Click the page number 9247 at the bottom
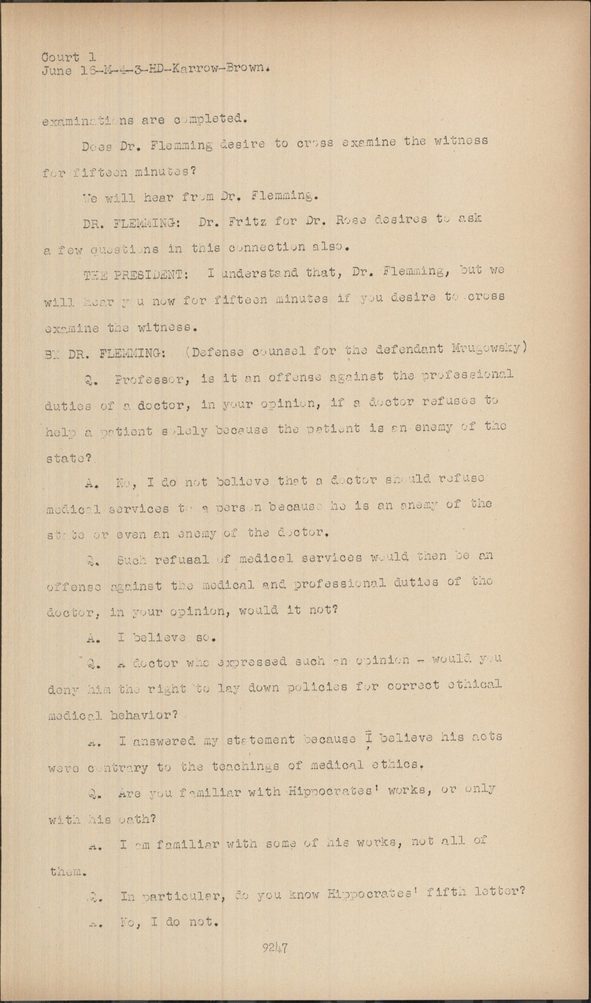pos(275,948)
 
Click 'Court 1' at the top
pos(68,58)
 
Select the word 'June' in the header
pos(57,70)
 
